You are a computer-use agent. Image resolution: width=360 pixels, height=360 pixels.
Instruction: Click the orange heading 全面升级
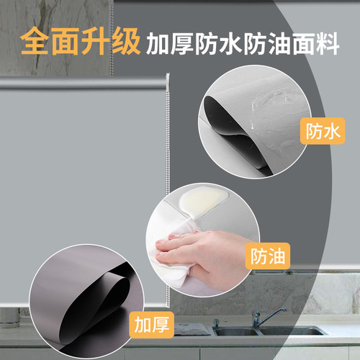click(80, 42)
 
